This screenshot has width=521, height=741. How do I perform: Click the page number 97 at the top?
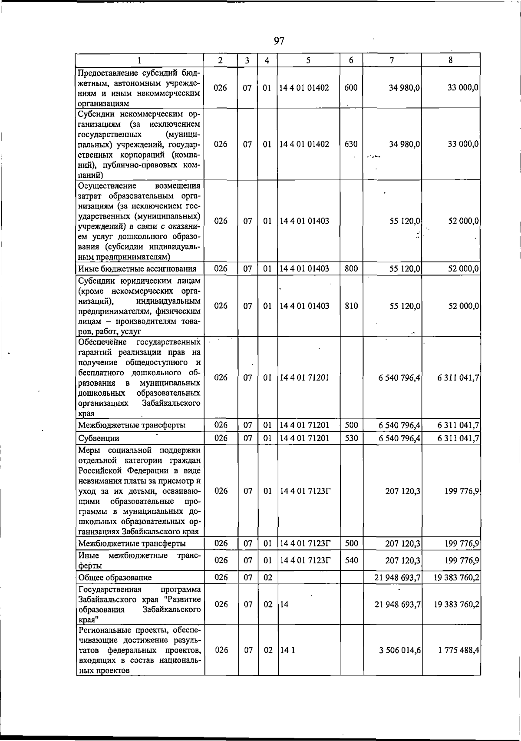(279, 41)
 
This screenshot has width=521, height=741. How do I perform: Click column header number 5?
(308, 60)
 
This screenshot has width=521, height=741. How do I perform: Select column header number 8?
(451, 60)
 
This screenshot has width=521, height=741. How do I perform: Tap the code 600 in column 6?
(351, 88)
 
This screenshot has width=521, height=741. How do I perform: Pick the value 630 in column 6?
(351, 144)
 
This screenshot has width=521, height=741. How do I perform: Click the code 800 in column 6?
(351, 269)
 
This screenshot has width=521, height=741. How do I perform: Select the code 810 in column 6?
(351, 306)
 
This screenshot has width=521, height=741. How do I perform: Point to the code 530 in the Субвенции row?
(351, 438)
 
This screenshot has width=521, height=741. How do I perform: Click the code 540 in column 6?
(351, 561)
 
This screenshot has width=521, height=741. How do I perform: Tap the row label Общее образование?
(115, 578)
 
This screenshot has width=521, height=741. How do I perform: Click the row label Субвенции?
(99, 438)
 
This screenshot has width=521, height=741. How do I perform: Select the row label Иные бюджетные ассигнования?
(137, 269)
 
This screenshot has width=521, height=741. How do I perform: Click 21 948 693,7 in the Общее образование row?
(398, 578)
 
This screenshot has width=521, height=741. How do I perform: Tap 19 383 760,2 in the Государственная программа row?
(456, 605)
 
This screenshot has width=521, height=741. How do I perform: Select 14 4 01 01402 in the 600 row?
(304, 88)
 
